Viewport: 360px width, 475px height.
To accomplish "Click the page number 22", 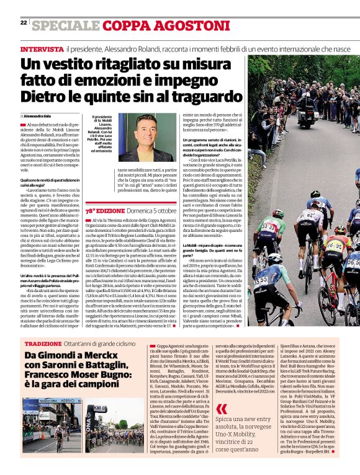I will click(x=24, y=22).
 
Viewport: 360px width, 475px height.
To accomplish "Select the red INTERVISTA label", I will click(x=42, y=48).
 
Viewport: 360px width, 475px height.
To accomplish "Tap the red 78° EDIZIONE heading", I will click(x=109, y=210).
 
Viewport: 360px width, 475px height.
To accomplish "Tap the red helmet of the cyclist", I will click(x=340, y=229).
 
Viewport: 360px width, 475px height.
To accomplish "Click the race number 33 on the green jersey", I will click(x=269, y=228).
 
